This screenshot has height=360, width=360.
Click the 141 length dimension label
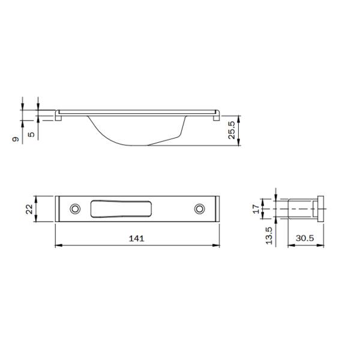137,239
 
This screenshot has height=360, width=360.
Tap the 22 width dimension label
29,209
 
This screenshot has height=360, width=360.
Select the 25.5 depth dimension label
232,130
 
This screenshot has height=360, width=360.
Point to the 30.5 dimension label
305,238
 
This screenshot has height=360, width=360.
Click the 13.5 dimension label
269,236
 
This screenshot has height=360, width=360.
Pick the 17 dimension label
256,209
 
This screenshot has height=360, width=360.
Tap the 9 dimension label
16,139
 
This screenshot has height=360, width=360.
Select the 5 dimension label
31,134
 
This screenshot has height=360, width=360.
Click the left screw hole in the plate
75,209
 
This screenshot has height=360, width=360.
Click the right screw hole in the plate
200,209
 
